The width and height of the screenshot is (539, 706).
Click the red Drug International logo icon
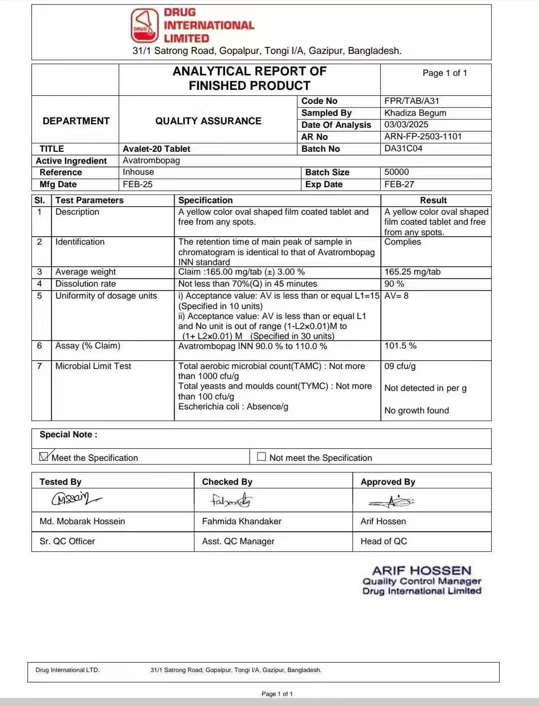click(145, 25)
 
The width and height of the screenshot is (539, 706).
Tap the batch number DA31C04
click(403, 148)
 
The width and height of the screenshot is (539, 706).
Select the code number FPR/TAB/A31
click(412, 101)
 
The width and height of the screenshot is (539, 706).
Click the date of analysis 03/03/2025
click(406, 124)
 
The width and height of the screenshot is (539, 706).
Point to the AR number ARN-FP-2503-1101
click(423, 136)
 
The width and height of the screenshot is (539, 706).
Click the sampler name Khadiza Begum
click(415, 113)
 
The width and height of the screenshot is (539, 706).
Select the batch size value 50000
click(396, 172)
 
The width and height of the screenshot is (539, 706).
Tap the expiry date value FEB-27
click(399, 184)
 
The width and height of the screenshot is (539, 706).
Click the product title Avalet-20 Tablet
click(157, 149)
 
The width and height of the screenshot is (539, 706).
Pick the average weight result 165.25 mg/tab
click(412, 272)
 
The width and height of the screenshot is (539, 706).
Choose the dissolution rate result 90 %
click(394, 284)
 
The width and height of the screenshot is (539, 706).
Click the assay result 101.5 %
click(400, 346)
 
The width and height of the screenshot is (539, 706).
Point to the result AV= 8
click(396, 296)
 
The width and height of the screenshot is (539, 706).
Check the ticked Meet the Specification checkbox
click(44, 456)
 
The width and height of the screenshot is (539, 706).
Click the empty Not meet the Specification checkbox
click(262, 456)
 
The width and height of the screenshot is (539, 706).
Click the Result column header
click(433, 200)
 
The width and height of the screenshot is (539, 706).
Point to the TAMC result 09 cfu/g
click(400, 366)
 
